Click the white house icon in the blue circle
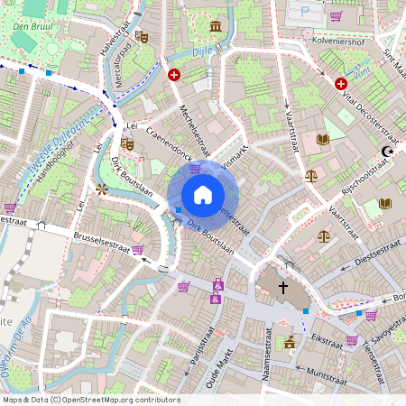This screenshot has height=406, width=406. coord(203,195)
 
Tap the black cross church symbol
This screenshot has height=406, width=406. coord(282,288)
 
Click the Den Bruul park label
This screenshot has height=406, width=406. coord(32,26)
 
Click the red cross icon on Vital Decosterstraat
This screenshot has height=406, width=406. coord(341,84)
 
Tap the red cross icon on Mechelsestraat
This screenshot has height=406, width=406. coord(174,75)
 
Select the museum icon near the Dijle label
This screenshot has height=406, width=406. coord(216,25)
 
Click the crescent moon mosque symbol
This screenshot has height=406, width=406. coord(388,152)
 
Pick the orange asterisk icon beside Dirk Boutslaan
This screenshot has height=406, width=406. coord(102,189)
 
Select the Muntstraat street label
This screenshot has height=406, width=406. coord(328,371)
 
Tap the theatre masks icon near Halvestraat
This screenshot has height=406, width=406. coord(141,37)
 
